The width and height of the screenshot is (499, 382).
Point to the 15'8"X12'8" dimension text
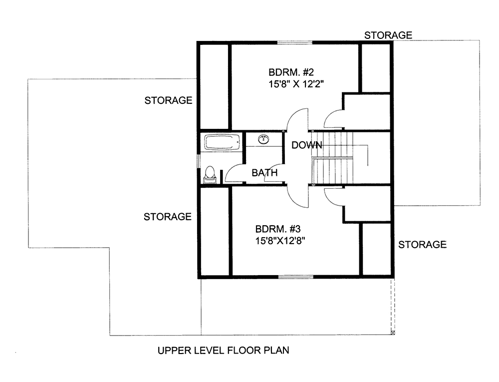tap(280, 240)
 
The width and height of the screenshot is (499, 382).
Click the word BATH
tap(264, 173)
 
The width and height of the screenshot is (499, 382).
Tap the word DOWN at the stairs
tap(306, 145)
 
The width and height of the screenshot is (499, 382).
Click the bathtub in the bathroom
tap(222, 142)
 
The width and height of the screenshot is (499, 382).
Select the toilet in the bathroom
tap(210, 174)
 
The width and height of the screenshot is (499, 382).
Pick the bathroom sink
tap(263, 139)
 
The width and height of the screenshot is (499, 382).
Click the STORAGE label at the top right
tap(388, 35)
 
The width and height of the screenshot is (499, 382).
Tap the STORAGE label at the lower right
tap(422, 244)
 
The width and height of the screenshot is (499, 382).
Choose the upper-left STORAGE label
tap(168, 100)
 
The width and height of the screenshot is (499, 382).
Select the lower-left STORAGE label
tap(168, 217)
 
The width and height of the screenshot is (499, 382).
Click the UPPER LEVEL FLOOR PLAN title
tap(223, 351)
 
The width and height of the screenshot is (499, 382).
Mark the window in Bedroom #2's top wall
tap(295, 42)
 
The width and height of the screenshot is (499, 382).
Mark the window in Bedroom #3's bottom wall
tap(295, 276)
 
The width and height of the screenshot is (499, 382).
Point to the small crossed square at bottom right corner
tap(393, 332)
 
